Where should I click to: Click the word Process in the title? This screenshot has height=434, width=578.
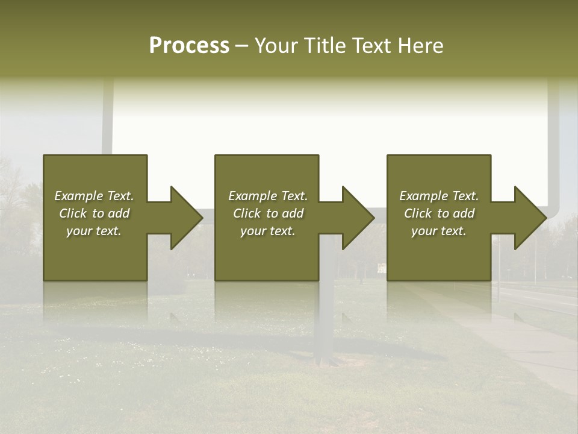point(189,46)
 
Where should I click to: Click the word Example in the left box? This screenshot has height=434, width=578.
point(79,196)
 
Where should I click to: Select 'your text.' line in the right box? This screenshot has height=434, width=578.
point(438,231)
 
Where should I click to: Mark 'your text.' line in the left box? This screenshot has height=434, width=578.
point(93,231)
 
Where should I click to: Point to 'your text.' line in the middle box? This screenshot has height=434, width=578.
point(267,231)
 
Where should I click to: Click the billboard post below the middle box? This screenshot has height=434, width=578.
point(326,325)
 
